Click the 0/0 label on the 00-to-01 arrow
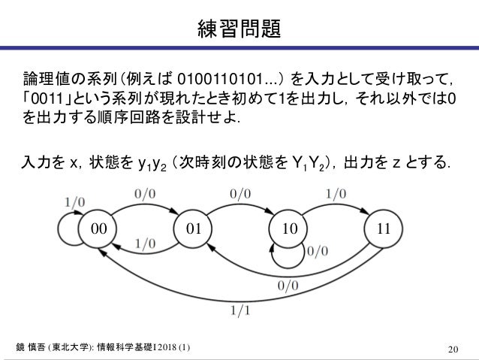pyautogui.click(x=145, y=193)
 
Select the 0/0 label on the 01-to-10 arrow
pyautogui.click(x=240, y=193)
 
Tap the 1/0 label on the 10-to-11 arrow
pyautogui.click(x=336, y=193)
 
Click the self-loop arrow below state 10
pyautogui.click(x=288, y=259)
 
